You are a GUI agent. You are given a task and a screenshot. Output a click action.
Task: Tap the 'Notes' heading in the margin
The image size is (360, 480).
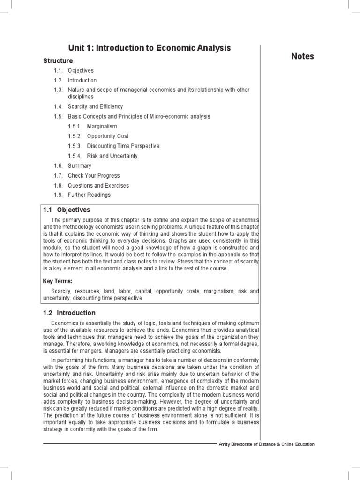coord(302,56)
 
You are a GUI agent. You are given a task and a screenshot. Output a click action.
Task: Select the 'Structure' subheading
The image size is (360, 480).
coord(58,61)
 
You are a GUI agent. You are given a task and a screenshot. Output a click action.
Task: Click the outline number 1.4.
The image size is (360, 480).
coord(58,106)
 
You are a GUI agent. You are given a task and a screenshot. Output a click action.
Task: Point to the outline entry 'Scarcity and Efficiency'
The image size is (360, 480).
coord(95,106)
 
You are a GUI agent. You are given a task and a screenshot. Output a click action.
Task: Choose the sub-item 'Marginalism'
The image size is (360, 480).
coord(102,126)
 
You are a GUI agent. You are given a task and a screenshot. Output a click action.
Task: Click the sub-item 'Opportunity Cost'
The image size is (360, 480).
coord(108,136)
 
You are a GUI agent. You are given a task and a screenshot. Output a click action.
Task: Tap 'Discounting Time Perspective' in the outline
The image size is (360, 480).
coord(123,146)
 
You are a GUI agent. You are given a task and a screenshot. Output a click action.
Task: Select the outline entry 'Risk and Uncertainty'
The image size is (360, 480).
coord(112,156)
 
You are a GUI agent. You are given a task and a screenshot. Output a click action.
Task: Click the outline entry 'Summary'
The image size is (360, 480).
coord(80,165)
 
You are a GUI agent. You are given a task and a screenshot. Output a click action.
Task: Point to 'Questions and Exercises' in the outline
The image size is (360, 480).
coord(98,185)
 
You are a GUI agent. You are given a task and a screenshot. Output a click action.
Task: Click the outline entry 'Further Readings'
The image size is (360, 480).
coord(89,195)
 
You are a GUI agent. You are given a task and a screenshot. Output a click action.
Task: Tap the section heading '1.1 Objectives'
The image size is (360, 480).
coord(67,210)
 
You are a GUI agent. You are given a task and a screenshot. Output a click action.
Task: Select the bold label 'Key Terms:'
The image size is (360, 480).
coord(57,281)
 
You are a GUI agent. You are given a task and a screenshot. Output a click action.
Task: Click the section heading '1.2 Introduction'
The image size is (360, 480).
coord(69,313)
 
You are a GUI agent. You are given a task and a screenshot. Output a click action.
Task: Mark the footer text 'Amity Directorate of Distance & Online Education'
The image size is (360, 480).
coord(267,444)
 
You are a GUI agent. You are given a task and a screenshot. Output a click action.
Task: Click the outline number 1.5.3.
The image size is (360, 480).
coord(75,146)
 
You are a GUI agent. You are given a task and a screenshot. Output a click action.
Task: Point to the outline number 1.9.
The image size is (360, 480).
coord(58,195)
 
